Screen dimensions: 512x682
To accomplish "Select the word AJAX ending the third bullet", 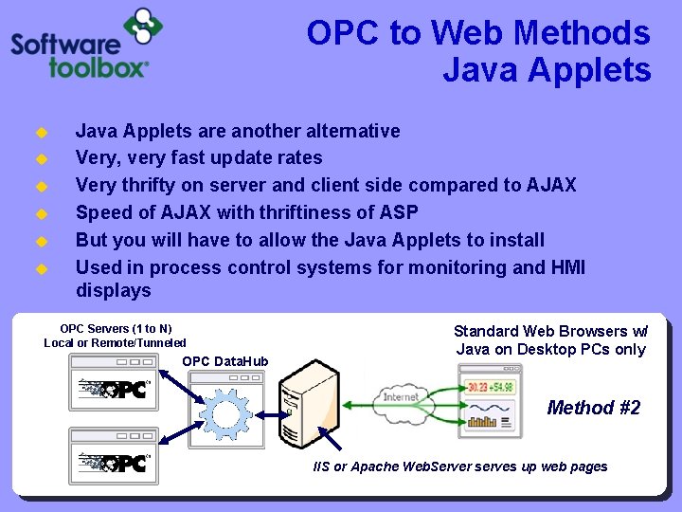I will pyautogui.click(x=546, y=185).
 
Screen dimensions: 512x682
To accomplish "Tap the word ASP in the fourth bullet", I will pyautogui.click(x=398, y=211).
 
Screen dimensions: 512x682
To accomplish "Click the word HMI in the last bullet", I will pyautogui.click(x=567, y=267).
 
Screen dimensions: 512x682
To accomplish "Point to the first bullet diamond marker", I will pyautogui.click(x=41, y=132).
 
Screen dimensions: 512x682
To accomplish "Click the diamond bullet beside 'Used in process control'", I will pyautogui.click(x=41, y=268).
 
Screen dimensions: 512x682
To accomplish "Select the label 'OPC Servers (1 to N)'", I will pyautogui.click(x=116, y=328).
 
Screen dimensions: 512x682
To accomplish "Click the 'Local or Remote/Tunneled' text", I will pyautogui.click(x=116, y=342).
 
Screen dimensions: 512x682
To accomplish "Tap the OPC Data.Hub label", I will pyautogui.click(x=224, y=361).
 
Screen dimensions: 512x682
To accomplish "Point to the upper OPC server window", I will pyautogui.click(x=116, y=384).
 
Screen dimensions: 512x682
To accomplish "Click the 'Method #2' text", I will pyautogui.click(x=594, y=408).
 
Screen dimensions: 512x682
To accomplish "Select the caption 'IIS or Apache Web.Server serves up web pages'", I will pyautogui.click(x=460, y=466).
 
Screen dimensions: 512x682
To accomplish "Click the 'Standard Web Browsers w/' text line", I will pyautogui.click(x=550, y=331).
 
